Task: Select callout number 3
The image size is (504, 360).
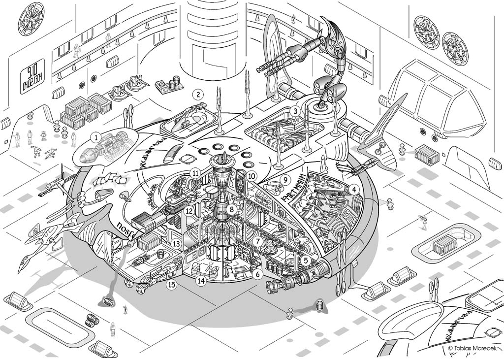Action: click(295, 111)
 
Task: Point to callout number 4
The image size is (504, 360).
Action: click(353, 188)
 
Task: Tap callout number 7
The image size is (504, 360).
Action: click(257, 242)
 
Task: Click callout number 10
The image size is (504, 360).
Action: click(252, 175)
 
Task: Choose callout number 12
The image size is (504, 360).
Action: click(189, 210)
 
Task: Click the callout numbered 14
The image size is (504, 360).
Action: click(200, 281)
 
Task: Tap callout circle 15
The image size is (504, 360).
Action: click(171, 284)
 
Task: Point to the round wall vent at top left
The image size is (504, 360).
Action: click(31, 19)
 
